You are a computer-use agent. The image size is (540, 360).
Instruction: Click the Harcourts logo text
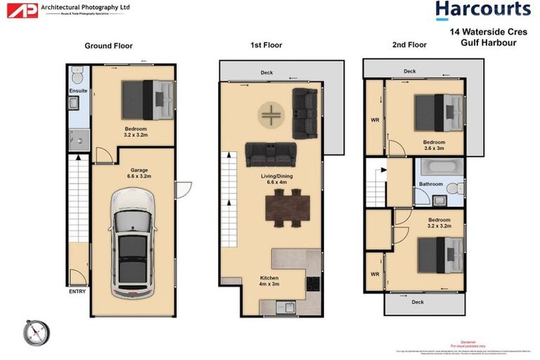(482, 10)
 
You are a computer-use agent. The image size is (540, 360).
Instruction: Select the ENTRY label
(77, 290)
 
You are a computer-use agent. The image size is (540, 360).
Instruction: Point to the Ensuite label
(78, 91)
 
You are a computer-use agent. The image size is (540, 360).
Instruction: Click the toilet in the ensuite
(78, 74)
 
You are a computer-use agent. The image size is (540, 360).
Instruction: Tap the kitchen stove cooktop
(313, 284)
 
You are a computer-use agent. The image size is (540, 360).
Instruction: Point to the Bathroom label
(430, 184)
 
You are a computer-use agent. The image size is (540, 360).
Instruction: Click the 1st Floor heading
(266, 45)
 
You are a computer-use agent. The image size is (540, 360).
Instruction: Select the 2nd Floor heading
(409, 45)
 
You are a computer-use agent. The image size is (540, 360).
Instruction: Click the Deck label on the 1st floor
(266, 72)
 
